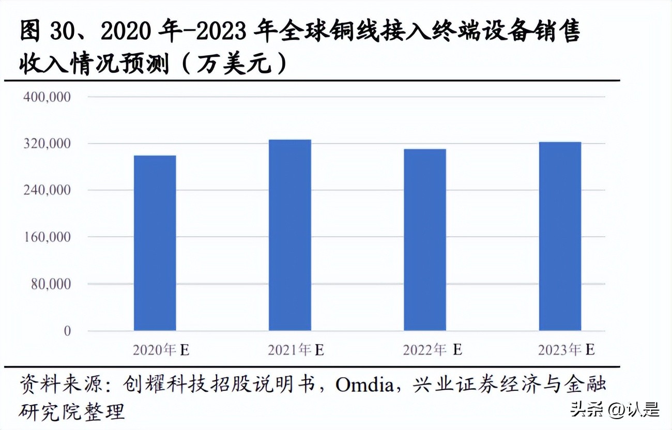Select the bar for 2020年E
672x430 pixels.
[x=155, y=243]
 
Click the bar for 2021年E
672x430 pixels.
[x=289, y=235]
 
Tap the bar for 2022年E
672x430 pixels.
[x=424, y=240]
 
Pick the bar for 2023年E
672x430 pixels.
[x=560, y=236]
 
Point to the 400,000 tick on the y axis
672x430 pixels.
[x=47, y=97]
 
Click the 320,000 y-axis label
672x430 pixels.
[x=47, y=144]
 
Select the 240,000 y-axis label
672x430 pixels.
[x=47, y=190]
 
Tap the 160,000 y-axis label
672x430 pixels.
[x=47, y=237]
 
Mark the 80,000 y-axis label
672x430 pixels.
[x=50, y=284]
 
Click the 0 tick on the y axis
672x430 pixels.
[x=67, y=331]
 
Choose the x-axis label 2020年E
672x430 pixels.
[x=161, y=350]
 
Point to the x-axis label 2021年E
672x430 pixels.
[x=296, y=350]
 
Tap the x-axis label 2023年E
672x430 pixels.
[x=566, y=350]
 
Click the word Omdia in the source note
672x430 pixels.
[x=364, y=385]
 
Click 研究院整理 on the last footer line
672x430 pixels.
[x=72, y=412]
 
